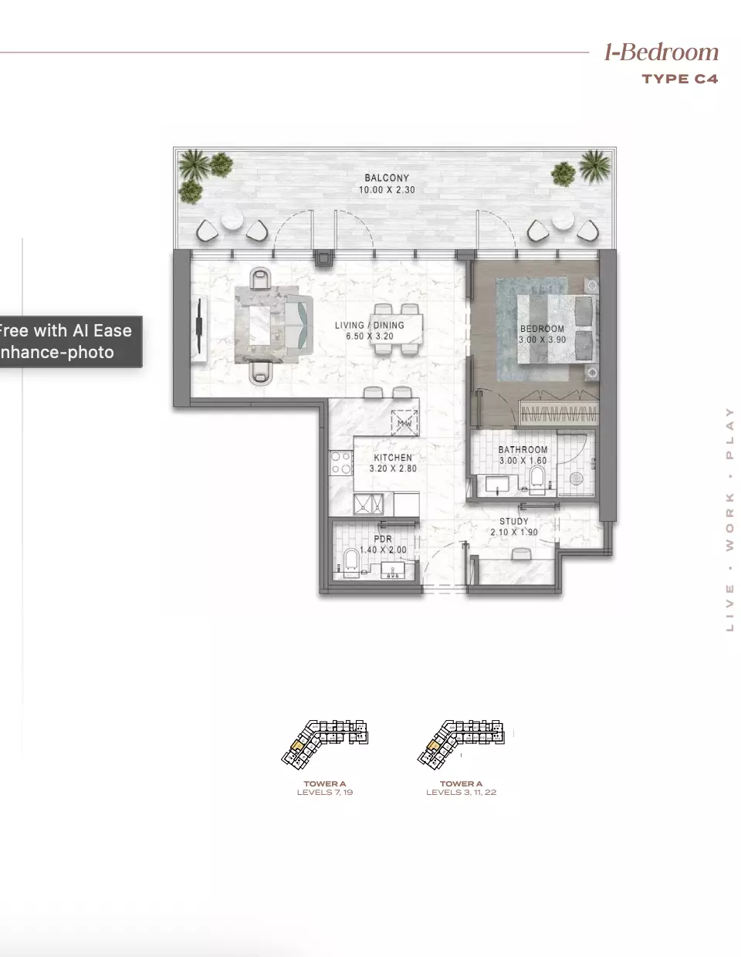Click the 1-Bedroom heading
coord(661,52)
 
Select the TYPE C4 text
coord(679,79)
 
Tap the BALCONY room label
coord(387,178)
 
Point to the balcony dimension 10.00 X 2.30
coord(387,190)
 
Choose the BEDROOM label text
coord(542,329)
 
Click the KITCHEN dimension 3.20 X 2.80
coord(393,468)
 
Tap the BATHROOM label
coord(523,449)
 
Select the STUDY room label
coord(514,521)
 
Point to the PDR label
coord(383,539)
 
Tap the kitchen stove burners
coord(341,463)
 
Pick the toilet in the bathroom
coord(537,480)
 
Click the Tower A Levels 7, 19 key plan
coord(325,743)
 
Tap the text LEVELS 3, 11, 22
coord(461,793)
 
